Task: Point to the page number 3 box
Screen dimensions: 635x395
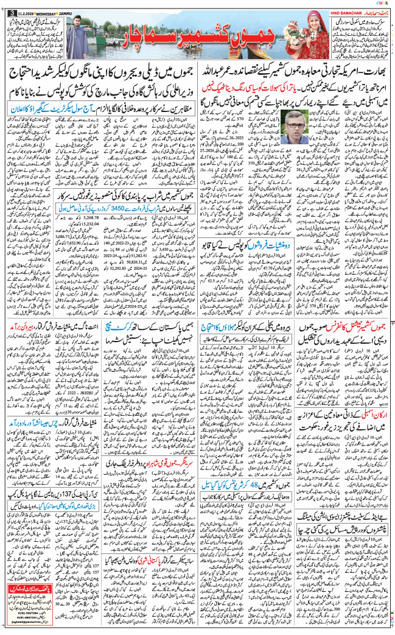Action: coord(5,5)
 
